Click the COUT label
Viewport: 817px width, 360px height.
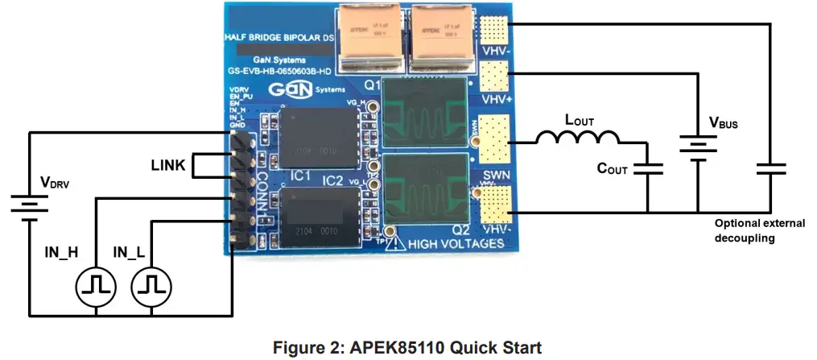(612, 169)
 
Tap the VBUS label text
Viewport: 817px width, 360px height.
(722, 123)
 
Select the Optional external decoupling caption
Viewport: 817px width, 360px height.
(759, 230)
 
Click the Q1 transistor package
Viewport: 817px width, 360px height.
(424, 111)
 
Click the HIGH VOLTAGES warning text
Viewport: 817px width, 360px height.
(457, 242)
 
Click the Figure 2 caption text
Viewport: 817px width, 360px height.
(407, 348)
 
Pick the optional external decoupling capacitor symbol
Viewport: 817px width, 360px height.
(770, 170)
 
